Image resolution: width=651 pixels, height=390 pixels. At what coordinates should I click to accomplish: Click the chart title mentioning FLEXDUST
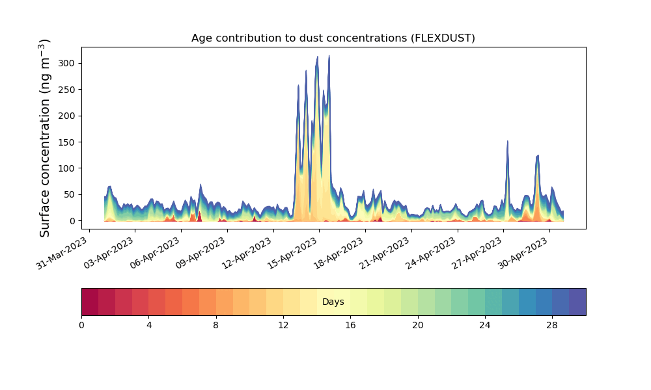pos(333,38)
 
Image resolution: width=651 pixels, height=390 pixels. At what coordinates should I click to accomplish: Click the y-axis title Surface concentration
pos(45,138)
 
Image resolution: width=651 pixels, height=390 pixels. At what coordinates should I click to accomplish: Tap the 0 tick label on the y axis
pos(73,221)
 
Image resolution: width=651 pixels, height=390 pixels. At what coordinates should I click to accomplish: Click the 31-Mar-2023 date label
pos(62,253)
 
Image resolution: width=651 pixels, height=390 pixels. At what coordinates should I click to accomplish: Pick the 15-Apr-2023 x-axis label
pos(293,253)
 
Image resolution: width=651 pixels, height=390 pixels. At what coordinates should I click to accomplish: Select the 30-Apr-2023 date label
pos(523,253)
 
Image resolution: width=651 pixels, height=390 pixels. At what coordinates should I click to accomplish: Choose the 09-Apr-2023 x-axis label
pos(201,253)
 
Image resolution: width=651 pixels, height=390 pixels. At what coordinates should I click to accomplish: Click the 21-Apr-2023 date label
pos(385,253)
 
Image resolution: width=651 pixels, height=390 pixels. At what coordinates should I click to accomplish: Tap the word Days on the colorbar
pos(333,302)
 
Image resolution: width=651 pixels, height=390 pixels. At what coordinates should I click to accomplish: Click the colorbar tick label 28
pos(552,326)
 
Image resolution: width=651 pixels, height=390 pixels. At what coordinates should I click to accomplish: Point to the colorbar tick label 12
pos(283,326)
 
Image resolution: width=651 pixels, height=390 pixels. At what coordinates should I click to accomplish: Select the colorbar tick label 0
pos(81,326)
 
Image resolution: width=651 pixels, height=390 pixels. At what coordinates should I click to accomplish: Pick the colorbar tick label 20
pos(418,326)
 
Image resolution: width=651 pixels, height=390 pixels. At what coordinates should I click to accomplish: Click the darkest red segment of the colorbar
pos(90,302)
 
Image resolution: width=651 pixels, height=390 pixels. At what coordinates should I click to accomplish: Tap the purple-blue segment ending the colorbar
pos(577,302)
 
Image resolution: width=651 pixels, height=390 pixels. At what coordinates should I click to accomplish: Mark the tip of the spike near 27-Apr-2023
pos(507,141)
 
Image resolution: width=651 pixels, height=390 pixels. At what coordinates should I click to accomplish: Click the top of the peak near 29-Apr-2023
pos(538,156)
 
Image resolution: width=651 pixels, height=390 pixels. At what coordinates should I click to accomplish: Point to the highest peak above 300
pos(329,55)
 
